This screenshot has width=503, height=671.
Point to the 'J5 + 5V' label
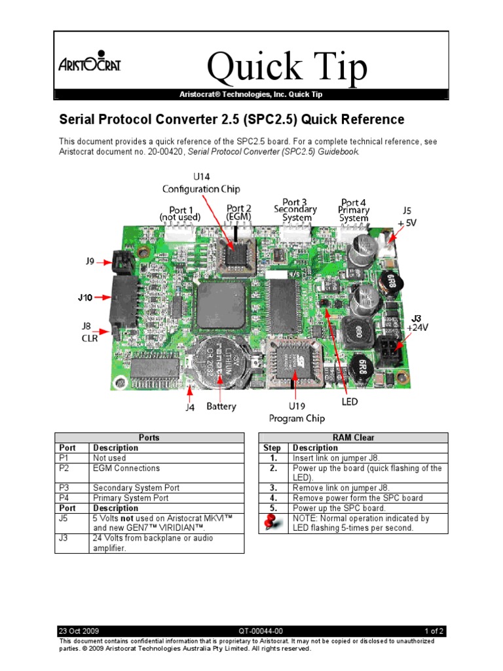click(x=406, y=217)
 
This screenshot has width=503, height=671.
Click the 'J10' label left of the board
click(x=85, y=297)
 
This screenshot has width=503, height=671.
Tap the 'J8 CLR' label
click(x=90, y=332)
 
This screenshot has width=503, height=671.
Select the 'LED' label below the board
click(x=350, y=401)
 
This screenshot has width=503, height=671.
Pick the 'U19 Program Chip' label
click(x=297, y=412)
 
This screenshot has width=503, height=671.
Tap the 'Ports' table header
click(x=149, y=438)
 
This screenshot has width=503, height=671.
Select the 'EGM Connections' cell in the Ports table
click(x=126, y=469)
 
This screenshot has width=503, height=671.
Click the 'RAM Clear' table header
click(x=354, y=438)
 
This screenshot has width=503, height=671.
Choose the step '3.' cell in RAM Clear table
click(x=273, y=488)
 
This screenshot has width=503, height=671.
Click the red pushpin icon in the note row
click(x=272, y=523)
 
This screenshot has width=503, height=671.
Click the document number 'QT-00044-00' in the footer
click(x=251, y=631)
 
